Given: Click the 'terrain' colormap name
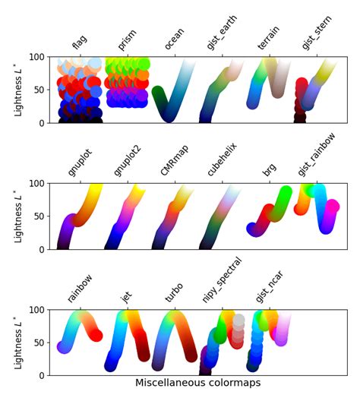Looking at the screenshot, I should click(x=268, y=37).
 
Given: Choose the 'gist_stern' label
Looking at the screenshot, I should click(x=317, y=33).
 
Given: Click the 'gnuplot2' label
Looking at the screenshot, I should click(x=125, y=162).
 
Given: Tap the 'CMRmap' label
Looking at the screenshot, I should click(x=170, y=163).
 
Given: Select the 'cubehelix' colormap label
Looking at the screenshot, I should click(x=219, y=161).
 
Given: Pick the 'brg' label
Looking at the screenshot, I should click(x=269, y=169).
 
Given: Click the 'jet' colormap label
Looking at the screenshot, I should click(x=127, y=296).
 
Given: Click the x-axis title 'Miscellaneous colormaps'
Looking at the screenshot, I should click(x=197, y=384).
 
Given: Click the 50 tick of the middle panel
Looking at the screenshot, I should click(x=43, y=216).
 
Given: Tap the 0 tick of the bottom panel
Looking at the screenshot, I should click(x=46, y=375).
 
